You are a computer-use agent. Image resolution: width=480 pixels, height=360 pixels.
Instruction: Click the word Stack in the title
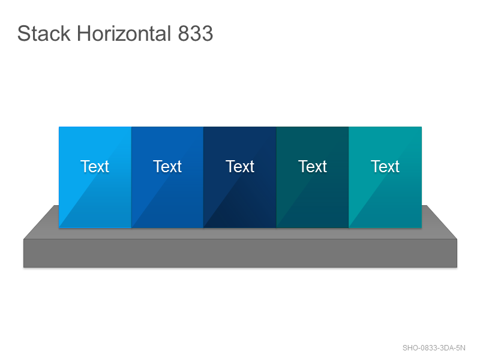click(x=44, y=34)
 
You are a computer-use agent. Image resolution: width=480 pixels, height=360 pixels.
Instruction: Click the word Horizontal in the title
click(x=124, y=34)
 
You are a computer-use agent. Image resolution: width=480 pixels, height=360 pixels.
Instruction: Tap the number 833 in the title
click(x=196, y=34)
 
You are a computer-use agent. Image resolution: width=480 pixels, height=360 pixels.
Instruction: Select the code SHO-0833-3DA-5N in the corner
click(x=434, y=348)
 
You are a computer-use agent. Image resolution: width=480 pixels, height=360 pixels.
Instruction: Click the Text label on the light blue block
click(x=95, y=167)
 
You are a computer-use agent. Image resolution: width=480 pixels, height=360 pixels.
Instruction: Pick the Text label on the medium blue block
click(x=167, y=167)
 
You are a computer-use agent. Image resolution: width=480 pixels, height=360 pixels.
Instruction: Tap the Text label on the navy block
click(x=240, y=167)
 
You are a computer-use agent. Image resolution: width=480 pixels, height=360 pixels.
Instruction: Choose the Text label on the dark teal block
click(x=313, y=167)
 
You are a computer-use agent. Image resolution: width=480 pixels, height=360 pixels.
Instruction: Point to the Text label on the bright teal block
click(x=385, y=167)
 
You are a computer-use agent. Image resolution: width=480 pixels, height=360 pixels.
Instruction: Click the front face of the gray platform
click(x=241, y=253)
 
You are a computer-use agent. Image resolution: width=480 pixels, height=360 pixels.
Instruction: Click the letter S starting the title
click(x=23, y=34)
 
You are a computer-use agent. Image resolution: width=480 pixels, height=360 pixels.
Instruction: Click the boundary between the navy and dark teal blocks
click(x=276, y=177)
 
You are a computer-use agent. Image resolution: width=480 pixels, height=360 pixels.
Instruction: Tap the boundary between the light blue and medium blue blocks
click(x=131, y=177)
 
